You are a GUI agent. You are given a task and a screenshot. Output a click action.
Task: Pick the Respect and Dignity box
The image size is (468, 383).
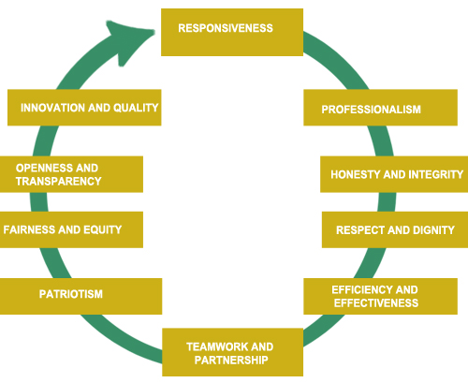coord(395,229)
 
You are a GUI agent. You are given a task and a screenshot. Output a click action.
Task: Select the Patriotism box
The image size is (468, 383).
coord(81,295)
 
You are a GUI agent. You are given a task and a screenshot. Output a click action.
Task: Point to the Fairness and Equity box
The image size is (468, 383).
coord(71,229)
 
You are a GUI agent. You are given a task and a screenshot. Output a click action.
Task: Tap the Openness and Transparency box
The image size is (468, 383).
coord(71,174)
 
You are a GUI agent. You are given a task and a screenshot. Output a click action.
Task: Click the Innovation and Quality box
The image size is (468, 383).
coord(84,108)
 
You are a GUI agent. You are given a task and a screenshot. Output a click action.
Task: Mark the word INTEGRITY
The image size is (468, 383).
coord(435,175)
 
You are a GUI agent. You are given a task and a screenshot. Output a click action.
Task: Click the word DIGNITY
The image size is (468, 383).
coord(432,229)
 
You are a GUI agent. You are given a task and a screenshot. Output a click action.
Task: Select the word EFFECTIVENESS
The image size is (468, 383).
coord(374,303)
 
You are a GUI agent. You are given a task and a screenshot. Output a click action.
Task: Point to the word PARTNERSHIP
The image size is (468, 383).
coord(230,360)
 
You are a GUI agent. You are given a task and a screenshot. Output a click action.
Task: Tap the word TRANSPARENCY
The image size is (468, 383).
coord(58,182)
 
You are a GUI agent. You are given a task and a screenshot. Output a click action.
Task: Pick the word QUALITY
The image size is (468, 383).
coord(136,108)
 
